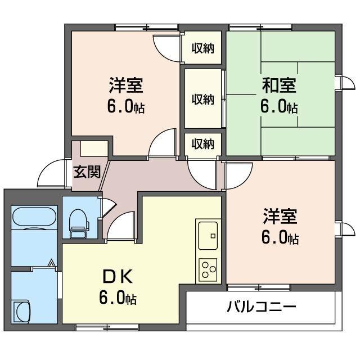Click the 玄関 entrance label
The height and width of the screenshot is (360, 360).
[x=87, y=171]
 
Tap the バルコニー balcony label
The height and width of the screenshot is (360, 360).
[x=262, y=307]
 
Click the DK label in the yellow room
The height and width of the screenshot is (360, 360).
[x=118, y=277]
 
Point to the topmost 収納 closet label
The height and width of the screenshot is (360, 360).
[x=203, y=48]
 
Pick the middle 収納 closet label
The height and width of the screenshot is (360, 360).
[x=203, y=99]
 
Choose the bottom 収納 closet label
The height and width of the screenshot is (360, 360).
[x=203, y=143]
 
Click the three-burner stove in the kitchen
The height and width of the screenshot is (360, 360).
[x=209, y=268]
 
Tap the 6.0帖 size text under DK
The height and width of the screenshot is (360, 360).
[x=118, y=298]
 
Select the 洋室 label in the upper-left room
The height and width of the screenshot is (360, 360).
[x=125, y=86]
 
